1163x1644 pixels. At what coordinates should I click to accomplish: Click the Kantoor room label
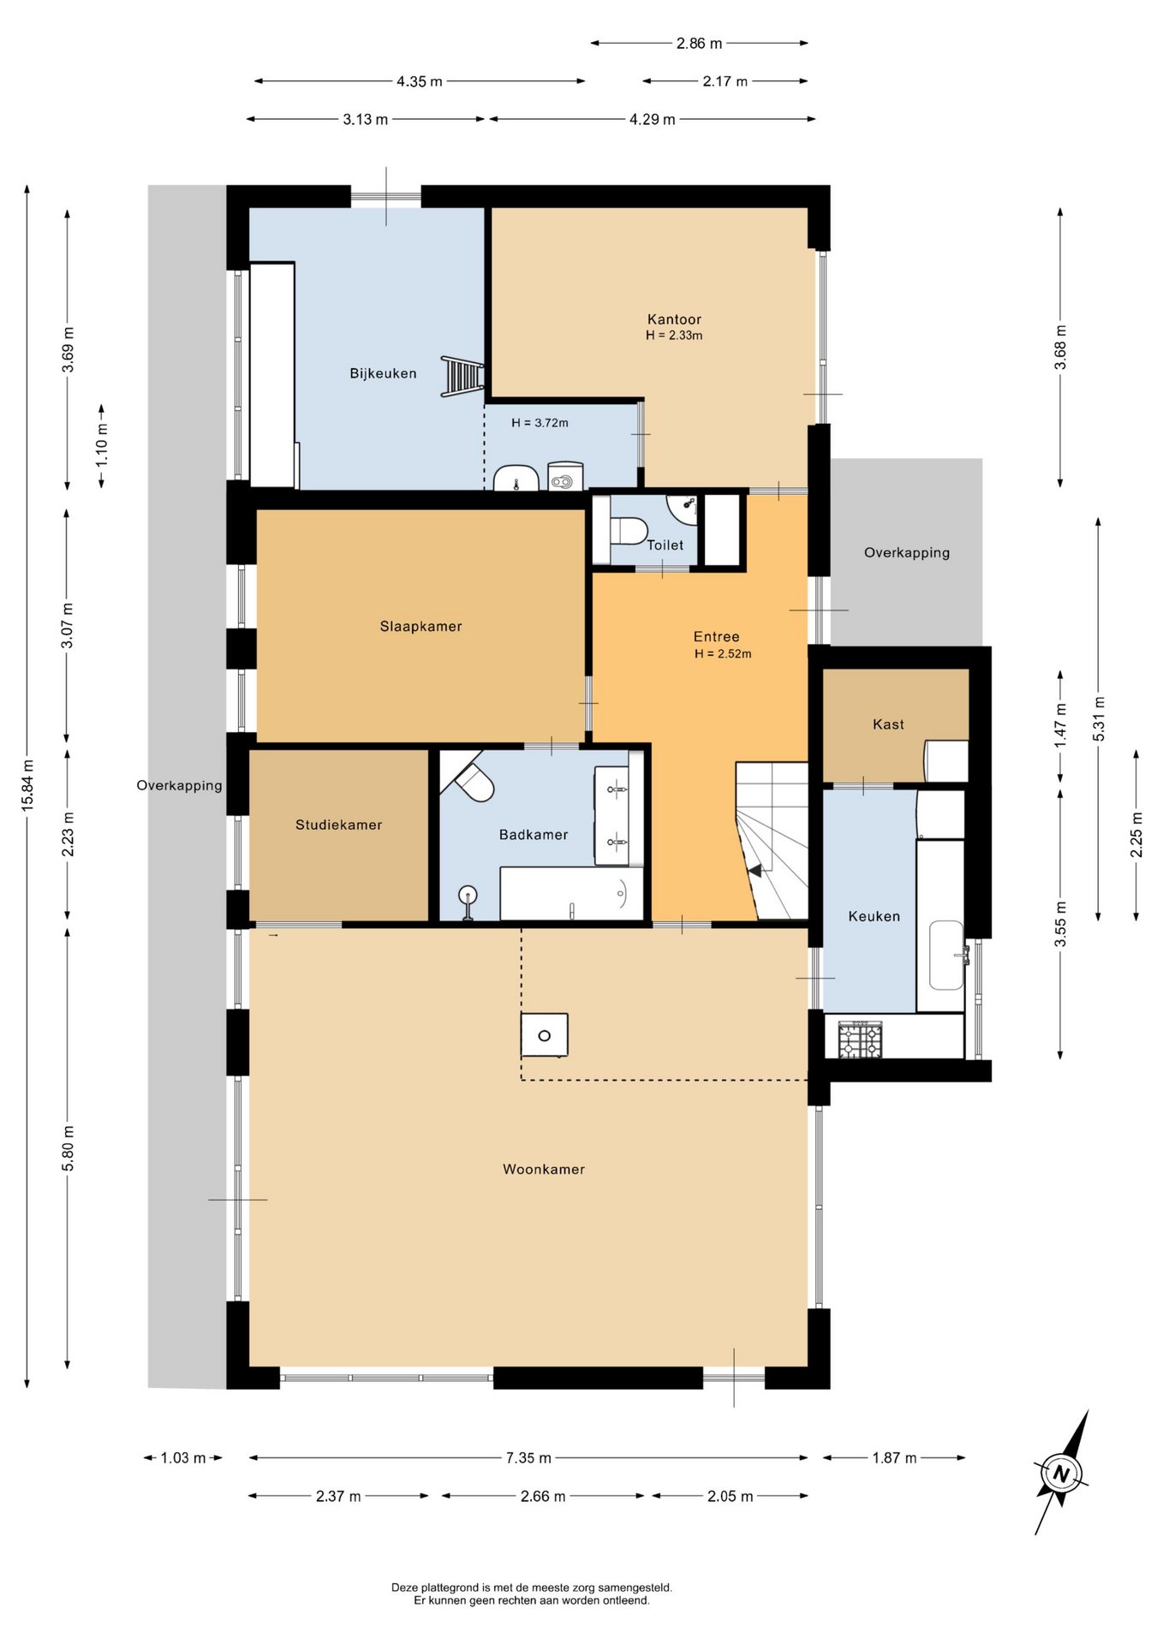[674, 319]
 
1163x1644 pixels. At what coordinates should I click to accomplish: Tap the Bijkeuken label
[383, 373]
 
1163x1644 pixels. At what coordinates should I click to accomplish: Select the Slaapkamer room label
[420, 627]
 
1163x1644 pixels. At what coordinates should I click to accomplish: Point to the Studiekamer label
[338, 825]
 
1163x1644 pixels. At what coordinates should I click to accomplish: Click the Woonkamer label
[544, 1170]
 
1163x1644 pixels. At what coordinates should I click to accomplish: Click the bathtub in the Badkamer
[571, 894]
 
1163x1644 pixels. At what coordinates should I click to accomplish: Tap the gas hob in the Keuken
[860, 1040]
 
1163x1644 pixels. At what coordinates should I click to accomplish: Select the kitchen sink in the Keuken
[945, 956]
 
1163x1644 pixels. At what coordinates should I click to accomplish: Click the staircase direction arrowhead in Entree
[755, 871]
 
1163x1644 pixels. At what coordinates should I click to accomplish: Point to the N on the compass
[1062, 1474]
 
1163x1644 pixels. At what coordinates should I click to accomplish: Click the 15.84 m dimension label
[27, 785]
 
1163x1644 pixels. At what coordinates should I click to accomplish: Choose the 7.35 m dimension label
[528, 1458]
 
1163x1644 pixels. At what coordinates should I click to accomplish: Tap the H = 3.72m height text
[540, 423]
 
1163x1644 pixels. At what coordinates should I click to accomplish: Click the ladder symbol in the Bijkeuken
[462, 377]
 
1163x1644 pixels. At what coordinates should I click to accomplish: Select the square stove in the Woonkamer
[544, 1035]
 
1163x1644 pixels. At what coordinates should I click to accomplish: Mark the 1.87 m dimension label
[894, 1458]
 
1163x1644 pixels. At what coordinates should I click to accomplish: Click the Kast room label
[888, 724]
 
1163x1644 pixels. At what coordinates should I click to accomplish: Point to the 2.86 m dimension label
[699, 44]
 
